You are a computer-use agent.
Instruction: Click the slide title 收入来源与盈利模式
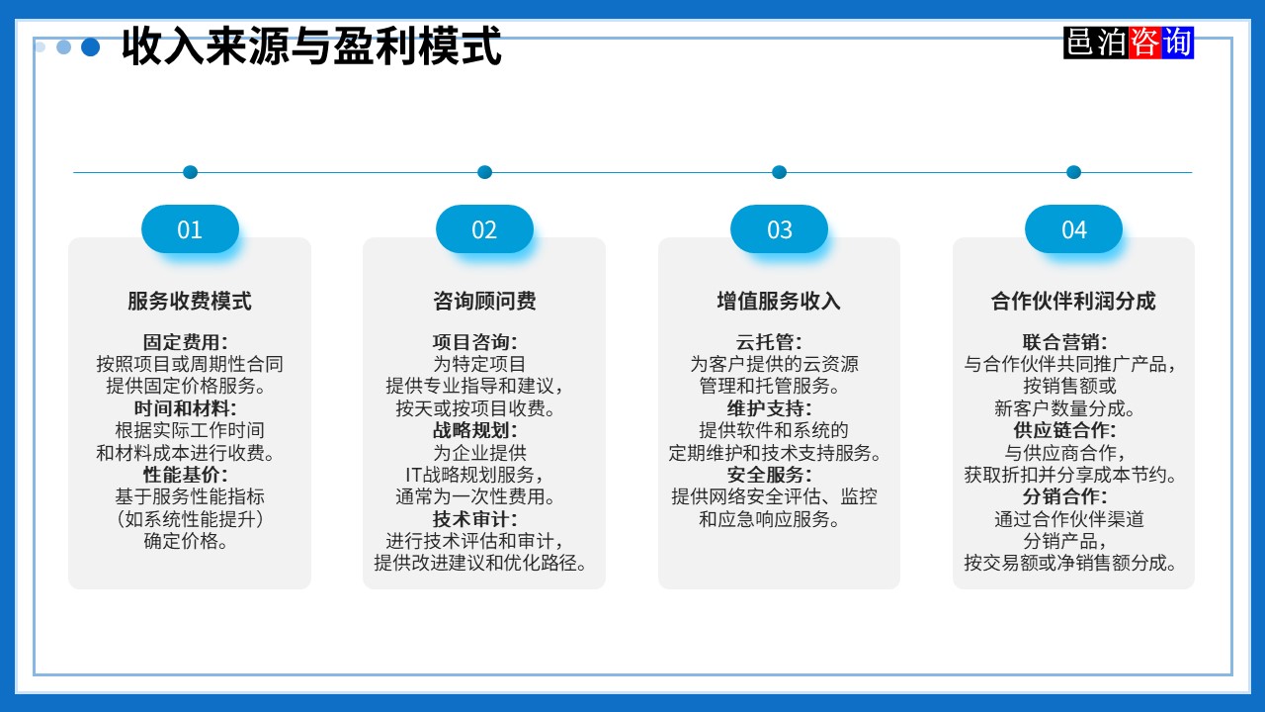pyautogui.click(x=311, y=46)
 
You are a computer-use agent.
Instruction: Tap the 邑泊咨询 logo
pyautogui.click(x=1129, y=43)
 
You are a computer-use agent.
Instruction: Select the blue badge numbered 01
pyautogui.click(x=190, y=229)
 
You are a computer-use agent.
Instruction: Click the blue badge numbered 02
pyautogui.click(x=484, y=229)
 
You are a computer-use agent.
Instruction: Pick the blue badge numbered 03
pyautogui.click(x=779, y=229)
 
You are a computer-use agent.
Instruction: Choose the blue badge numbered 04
pyautogui.click(x=1073, y=229)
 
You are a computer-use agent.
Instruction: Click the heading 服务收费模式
pyautogui.click(x=190, y=301)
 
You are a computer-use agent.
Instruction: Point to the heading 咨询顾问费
pyautogui.click(x=484, y=301)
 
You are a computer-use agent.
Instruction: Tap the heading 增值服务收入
pyautogui.click(x=779, y=301)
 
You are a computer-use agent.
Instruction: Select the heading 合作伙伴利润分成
pyautogui.click(x=1073, y=301)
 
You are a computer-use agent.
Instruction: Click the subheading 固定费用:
pyautogui.click(x=186, y=342)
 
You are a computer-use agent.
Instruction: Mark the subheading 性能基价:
pyautogui.click(x=186, y=475)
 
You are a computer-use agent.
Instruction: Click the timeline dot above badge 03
pyautogui.click(x=779, y=172)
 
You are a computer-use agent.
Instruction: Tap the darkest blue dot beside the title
pyautogui.click(x=91, y=46)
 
